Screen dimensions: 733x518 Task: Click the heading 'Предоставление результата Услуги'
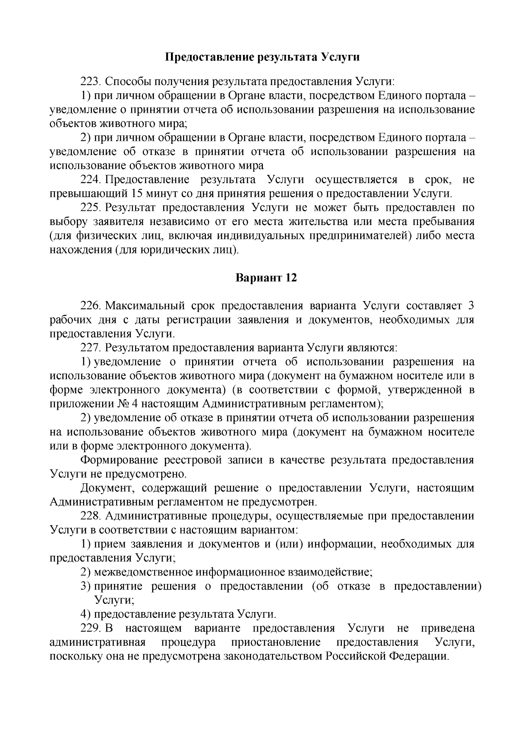(263, 57)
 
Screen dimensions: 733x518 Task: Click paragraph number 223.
(90, 81)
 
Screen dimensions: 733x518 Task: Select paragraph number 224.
(90, 180)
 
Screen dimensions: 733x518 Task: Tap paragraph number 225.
(90, 208)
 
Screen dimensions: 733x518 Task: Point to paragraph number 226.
(90, 306)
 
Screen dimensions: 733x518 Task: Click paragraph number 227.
(90, 348)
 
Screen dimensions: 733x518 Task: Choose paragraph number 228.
(90, 517)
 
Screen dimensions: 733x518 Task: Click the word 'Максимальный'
(144, 306)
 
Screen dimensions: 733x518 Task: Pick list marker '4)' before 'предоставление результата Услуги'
(85, 615)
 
